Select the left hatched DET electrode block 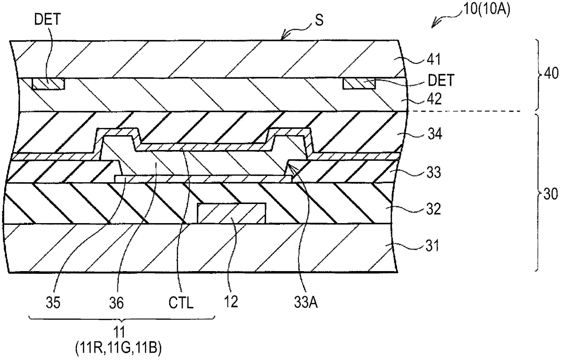tap(48, 83)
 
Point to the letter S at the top tap(320, 21)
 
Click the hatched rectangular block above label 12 tap(231, 214)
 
